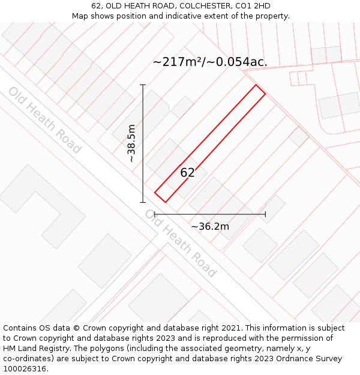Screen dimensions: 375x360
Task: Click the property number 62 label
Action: coord(187,173)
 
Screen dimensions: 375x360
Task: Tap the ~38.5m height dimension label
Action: coord(132,143)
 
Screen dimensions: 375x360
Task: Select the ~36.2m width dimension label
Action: coord(210,226)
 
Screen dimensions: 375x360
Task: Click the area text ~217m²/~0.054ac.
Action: coord(210,62)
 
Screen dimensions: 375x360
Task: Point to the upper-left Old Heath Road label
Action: coord(44,120)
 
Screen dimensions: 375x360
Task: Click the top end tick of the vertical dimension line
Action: coord(143,85)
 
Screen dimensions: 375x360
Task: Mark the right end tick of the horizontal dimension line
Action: coord(265,214)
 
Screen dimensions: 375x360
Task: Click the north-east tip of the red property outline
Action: coord(257,85)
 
